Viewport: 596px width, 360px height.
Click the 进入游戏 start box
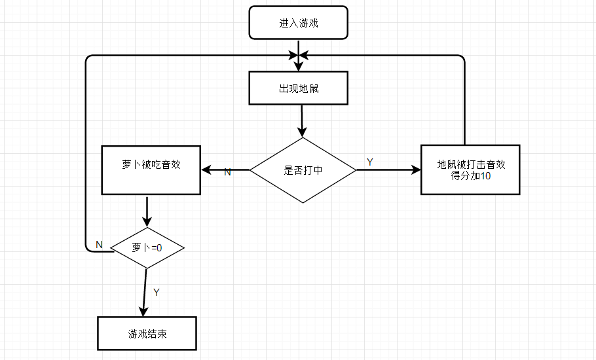click(x=298, y=24)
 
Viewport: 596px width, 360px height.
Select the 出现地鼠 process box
click(x=298, y=88)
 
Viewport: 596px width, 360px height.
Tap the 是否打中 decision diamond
click(x=303, y=170)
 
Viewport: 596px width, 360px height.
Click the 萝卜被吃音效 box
click(x=151, y=170)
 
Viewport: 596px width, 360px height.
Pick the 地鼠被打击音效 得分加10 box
click(x=470, y=170)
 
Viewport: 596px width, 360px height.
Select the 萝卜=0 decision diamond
click(x=147, y=248)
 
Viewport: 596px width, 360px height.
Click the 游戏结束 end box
click(x=147, y=333)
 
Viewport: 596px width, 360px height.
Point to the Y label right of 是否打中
click(x=370, y=162)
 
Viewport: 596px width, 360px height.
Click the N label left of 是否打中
click(x=228, y=172)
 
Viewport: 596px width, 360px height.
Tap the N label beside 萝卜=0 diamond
click(x=99, y=244)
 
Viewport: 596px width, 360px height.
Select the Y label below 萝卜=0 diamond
click(x=156, y=292)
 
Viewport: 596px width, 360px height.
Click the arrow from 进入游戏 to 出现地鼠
click(x=299, y=55)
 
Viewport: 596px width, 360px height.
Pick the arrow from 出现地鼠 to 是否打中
click(x=301, y=120)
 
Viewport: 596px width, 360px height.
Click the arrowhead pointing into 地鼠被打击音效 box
click(x=415, y=170)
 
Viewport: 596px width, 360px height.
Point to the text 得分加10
click(x=470, y=176)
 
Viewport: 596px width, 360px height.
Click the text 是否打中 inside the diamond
click(x=303, y=170)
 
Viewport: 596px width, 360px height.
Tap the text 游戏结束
click(x=147, y=333)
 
